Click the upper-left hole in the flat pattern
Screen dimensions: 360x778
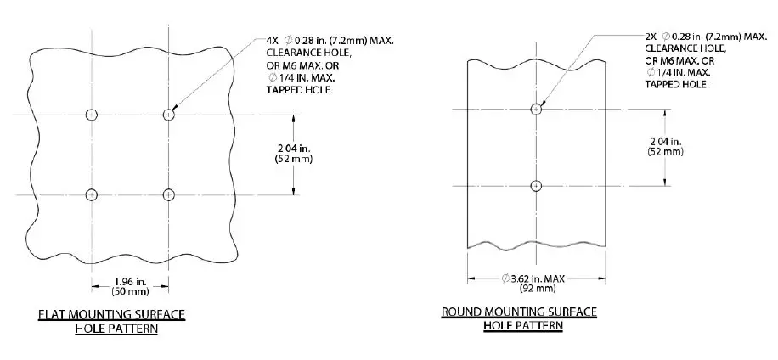point(92,115)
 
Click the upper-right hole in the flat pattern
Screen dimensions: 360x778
point(168,115)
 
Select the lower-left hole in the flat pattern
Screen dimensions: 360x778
point(92,194)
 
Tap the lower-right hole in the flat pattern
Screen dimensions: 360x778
point(168,194)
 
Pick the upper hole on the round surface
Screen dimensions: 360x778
point(536,109)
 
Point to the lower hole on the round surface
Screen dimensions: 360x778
point(536,186)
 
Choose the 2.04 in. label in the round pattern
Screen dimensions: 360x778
point(665,141)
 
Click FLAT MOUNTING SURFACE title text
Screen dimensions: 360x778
point(112,315)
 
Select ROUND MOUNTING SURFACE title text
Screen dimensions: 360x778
point(519,312)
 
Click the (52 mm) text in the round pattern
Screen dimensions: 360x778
point(665,152)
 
